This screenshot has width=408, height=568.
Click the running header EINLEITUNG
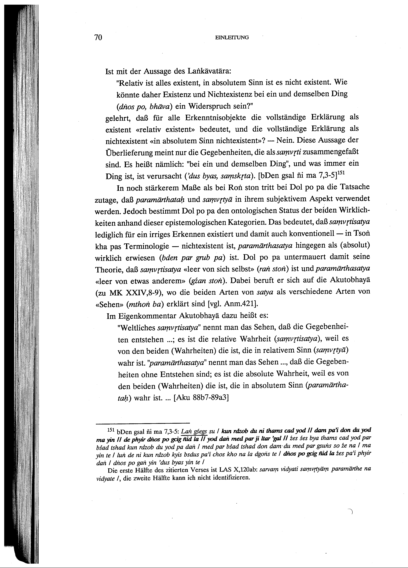point(232,38)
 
